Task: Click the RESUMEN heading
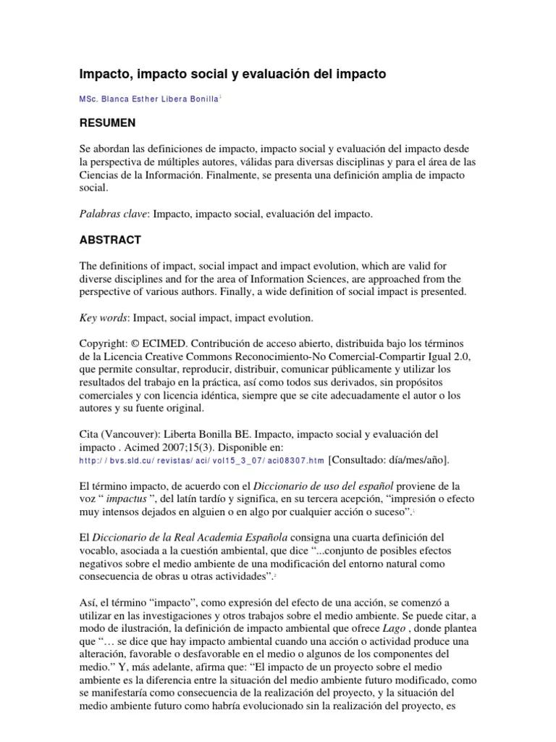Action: coord(107,122)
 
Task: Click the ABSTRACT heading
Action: coord(110,240)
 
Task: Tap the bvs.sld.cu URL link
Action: coord(201,460)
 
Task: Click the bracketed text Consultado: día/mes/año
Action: coord(389,459)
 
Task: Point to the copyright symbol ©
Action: coord(137,342)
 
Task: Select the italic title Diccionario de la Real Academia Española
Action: coord(190,537)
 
